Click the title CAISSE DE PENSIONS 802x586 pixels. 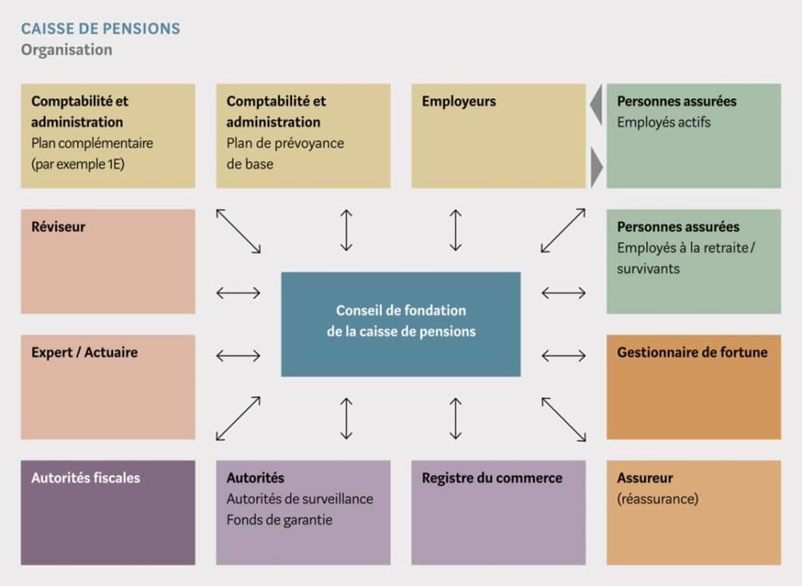(x=100, y=30)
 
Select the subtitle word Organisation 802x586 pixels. (x=67, y=50)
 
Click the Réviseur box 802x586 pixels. (x=108, y=261)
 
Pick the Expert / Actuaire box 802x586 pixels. (x=108, y=386)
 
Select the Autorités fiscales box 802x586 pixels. (x=108, y=512)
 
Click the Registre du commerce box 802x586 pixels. (x=498, y=512)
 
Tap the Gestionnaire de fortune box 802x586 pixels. (x=693, y=386)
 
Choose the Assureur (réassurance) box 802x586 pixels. (x=693, y=512)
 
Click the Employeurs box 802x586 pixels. (x=498, y=136)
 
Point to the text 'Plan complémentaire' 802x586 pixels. (x=92, y=143)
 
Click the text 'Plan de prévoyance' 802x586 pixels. (x=285, y=143)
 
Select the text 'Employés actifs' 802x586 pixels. (x=663, y=122)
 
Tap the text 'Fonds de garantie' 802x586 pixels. (x=279, y=520)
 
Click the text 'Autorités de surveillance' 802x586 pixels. (x=299, y=499)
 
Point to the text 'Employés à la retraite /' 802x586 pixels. (x=686, y=247)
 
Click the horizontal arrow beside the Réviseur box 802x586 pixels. (x=238, y=293)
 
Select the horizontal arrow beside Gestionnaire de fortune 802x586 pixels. (x=563, y=355)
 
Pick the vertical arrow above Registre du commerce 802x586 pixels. (x=456, y=418)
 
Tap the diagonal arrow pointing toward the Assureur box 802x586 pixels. (x=563, y=419)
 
